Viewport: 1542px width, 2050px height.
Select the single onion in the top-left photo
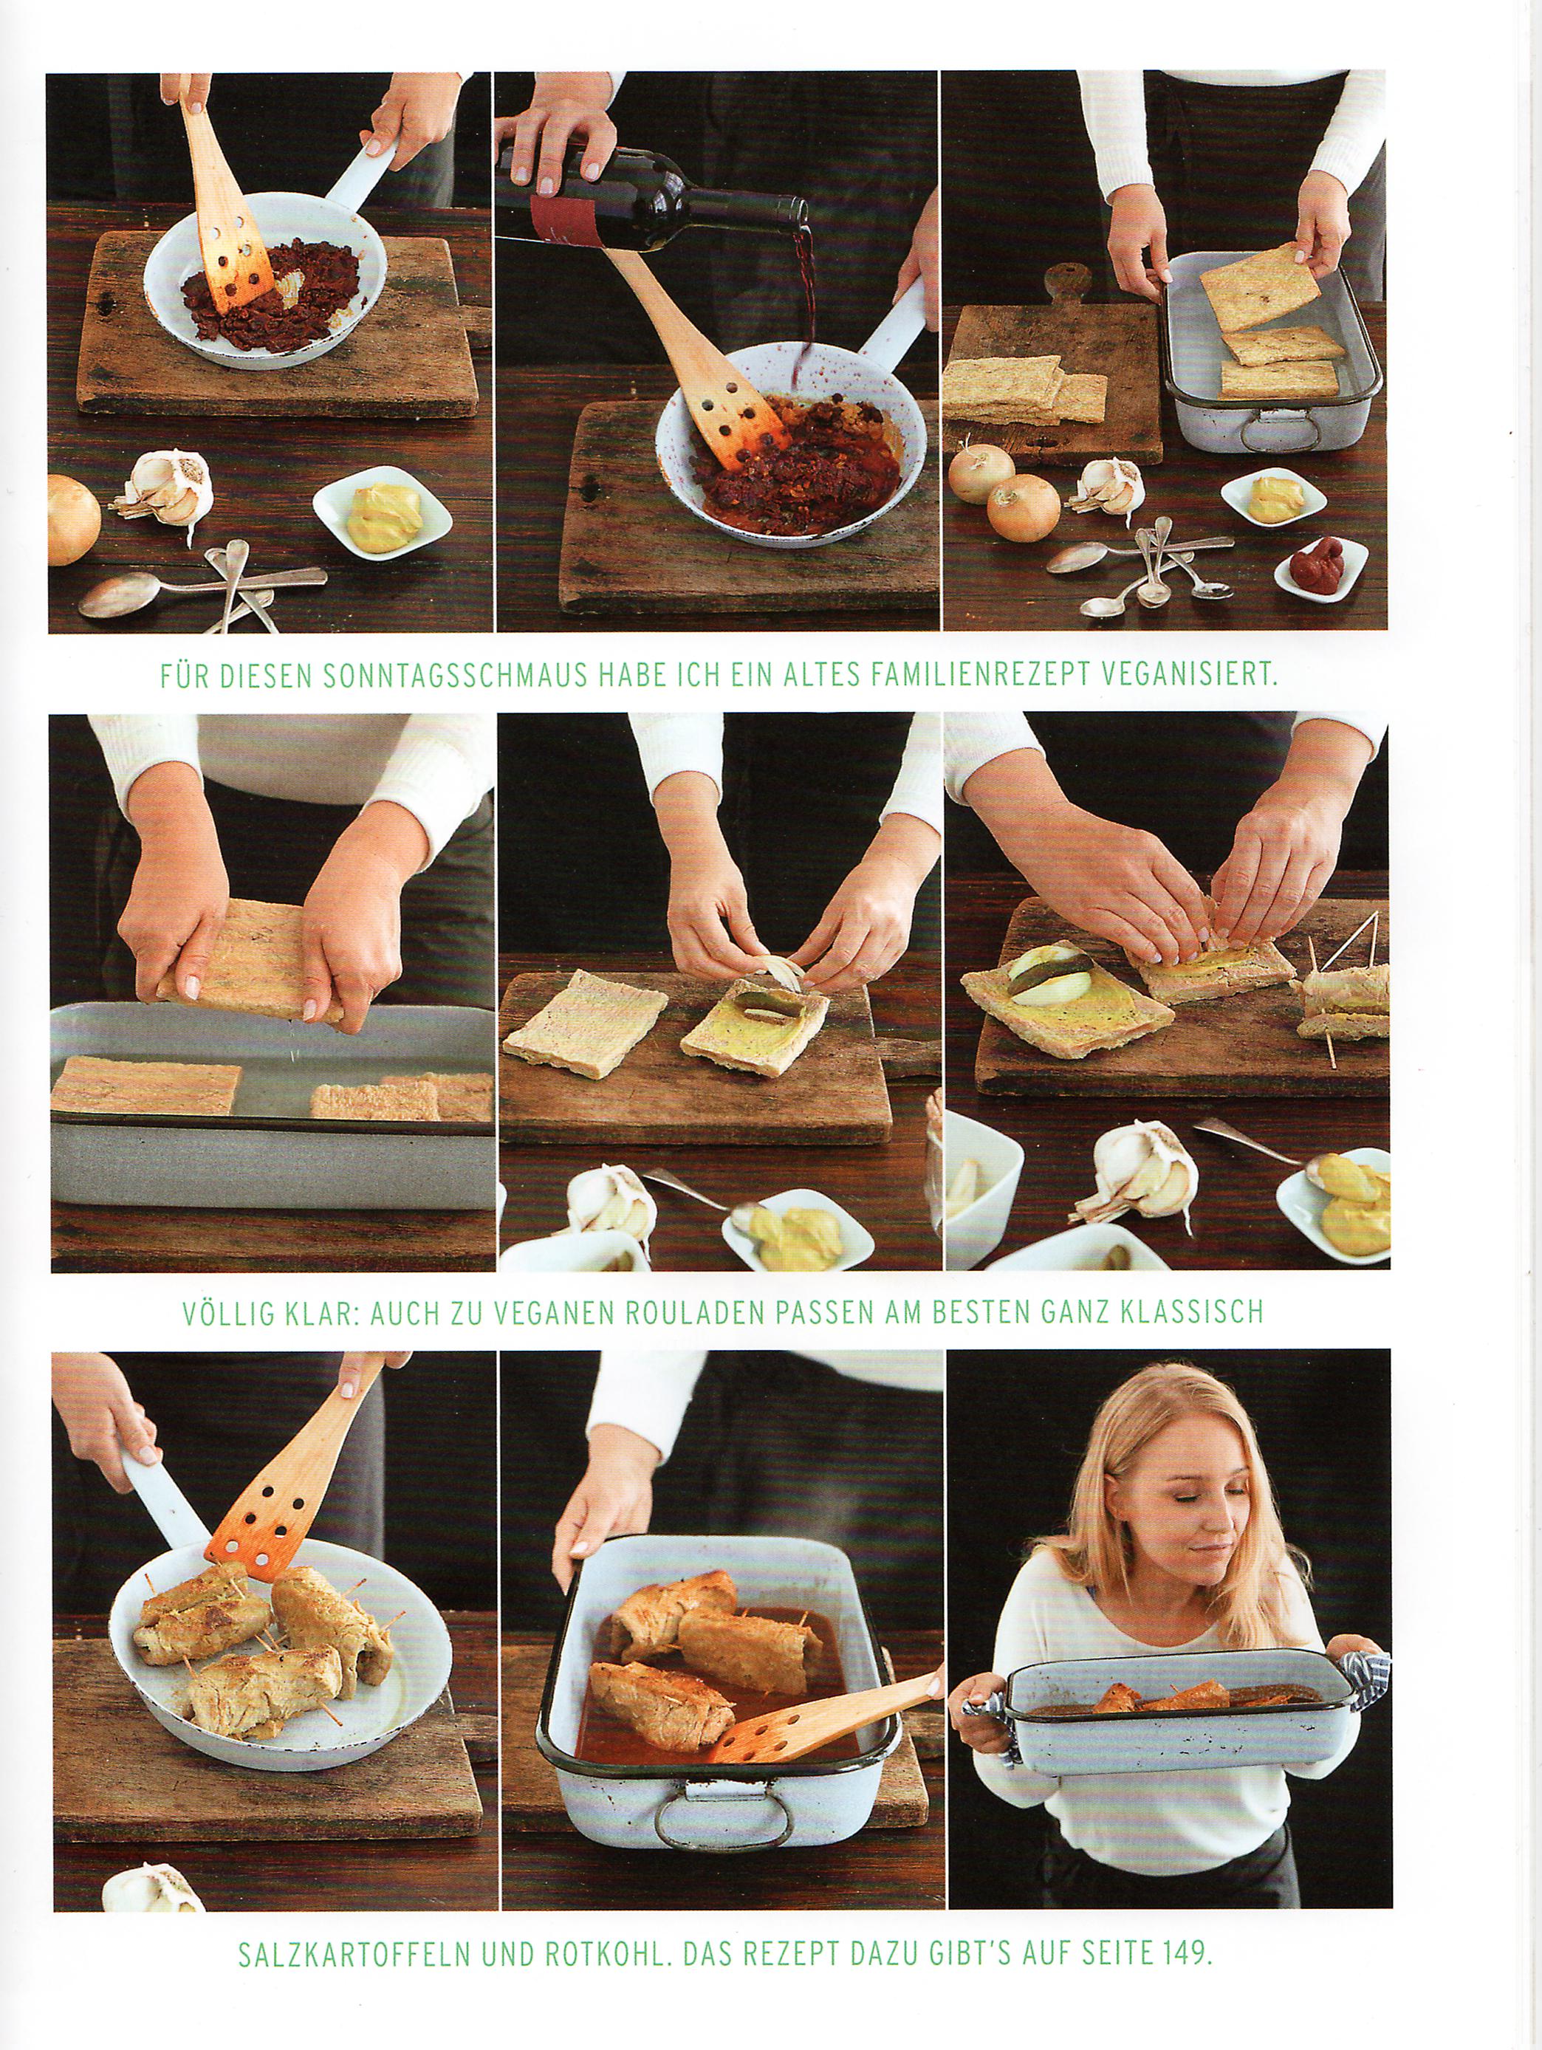[x=73, y=519]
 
